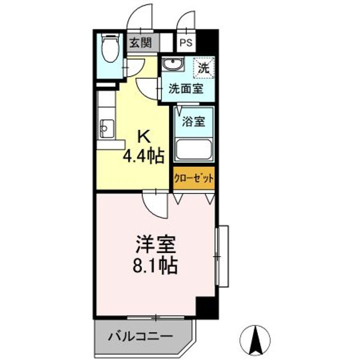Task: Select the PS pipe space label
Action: [186, 43]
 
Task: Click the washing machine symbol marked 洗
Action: [204, 67]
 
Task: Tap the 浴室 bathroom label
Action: [194, 121]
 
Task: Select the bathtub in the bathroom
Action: [193, 148]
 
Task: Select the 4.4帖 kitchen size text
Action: [144, 157]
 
